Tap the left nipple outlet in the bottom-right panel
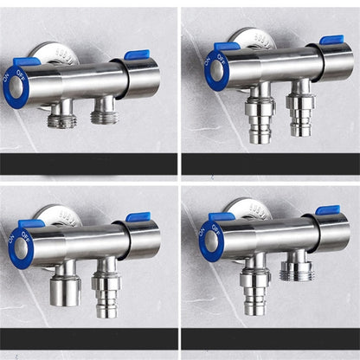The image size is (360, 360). click(255, 290)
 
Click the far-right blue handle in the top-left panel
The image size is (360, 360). click(137, 55)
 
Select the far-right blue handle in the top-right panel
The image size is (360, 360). click(331, 40)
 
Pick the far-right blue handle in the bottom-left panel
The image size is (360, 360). click(138, 217)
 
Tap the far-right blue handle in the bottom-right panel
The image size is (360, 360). click(327, 210)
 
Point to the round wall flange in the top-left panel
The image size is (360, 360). click(57, 54)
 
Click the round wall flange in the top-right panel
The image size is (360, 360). click(252, 39)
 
